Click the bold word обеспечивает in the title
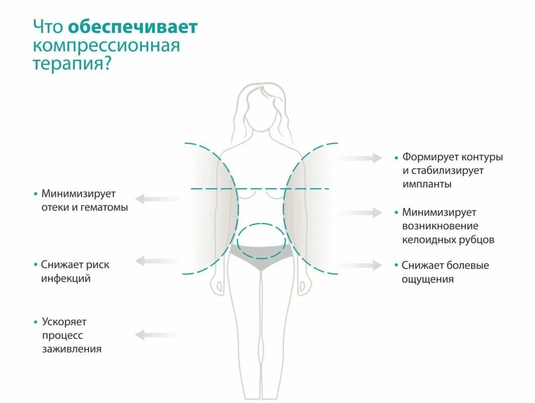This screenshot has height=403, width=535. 133,27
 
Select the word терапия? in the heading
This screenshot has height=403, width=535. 73,64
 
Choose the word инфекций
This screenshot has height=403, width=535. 66,279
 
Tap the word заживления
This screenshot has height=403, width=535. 72,349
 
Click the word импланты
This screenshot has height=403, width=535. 427,185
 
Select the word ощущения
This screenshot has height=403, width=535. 427,280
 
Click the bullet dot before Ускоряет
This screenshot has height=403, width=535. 36,321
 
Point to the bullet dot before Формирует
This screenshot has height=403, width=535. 397,157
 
